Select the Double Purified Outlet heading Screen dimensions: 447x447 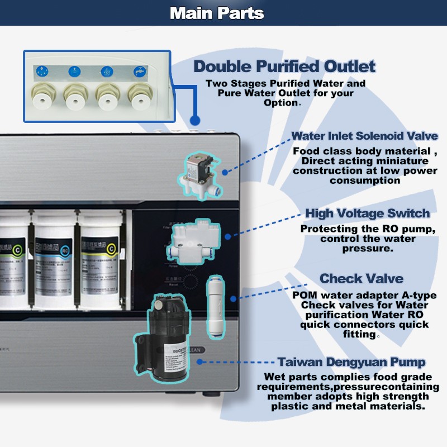284,66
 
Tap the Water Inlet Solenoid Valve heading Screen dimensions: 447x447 365,136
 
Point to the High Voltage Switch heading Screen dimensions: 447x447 368,213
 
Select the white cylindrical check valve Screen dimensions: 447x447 215,296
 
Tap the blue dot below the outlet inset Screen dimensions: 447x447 195,120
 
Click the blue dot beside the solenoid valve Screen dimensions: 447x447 225,172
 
